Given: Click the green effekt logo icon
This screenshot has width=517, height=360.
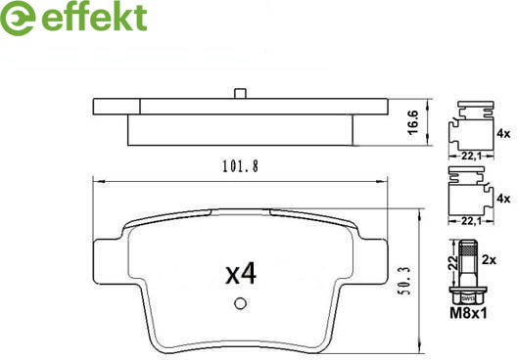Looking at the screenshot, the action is coord(18,18).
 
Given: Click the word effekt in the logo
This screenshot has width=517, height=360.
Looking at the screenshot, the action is coord(94,17).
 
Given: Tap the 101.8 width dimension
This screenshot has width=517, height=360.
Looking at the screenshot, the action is coord(240,166).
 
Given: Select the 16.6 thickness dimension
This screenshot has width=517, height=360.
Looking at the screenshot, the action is coord(412,122).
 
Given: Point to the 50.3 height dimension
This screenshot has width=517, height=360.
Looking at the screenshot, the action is coord(405,281).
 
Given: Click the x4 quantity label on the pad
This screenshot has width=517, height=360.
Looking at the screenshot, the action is coord(241,274).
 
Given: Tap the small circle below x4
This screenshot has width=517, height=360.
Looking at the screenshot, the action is coord(240,303).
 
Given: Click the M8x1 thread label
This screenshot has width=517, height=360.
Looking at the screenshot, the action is coord(468,313).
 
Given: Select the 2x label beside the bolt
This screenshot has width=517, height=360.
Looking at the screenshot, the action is coord(489,260).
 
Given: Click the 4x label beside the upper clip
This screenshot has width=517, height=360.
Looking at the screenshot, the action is coord(503,134).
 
